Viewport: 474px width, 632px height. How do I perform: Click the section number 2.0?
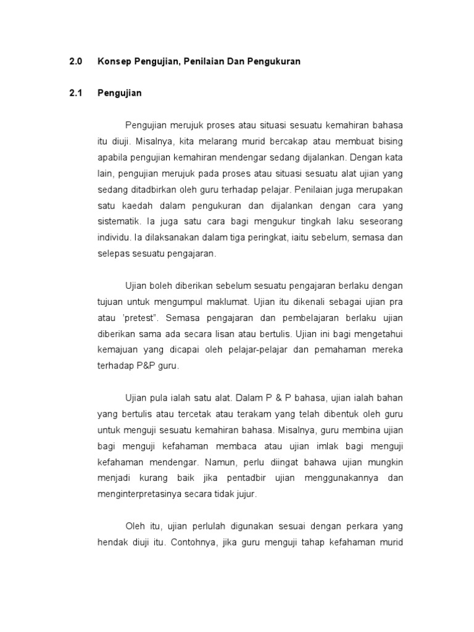tap(75, 62)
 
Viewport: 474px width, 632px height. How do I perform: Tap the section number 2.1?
tap(75, 94)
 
